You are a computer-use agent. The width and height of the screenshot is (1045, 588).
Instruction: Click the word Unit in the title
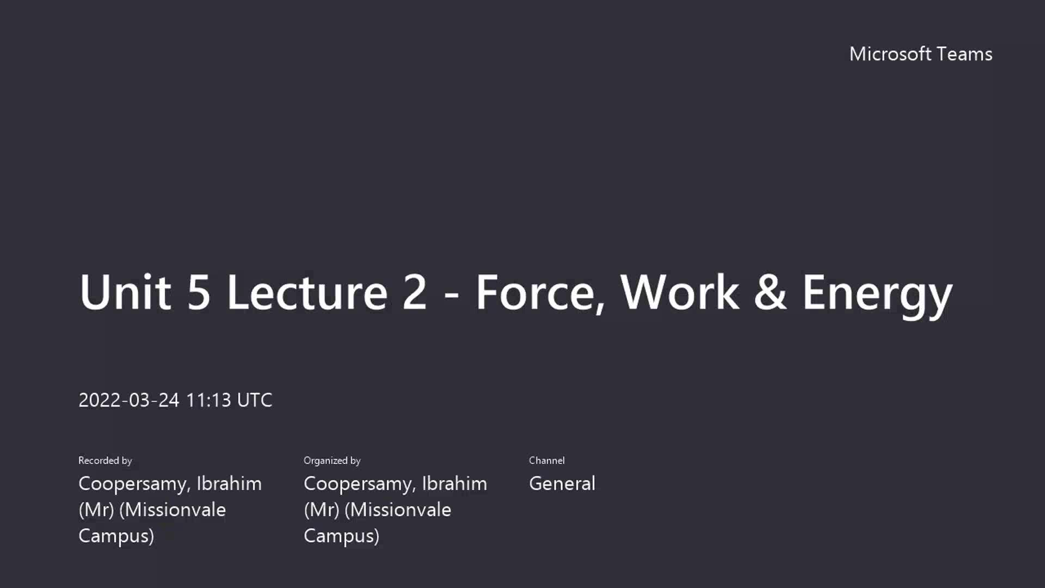(125, 292)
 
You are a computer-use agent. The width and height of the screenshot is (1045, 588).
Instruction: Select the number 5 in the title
(199, 293)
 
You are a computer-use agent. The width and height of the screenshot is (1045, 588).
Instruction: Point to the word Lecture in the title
(308, 292)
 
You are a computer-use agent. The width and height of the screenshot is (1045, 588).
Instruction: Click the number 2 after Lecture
(415, 292)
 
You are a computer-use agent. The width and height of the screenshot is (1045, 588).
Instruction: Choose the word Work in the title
(680, 292)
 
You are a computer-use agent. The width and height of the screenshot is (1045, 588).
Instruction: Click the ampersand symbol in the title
(770, 292)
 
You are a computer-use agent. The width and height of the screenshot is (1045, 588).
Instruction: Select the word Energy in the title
(877, 297)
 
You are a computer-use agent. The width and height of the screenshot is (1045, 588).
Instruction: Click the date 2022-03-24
(129, 400)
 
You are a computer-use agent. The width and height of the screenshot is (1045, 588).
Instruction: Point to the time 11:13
(208, 400)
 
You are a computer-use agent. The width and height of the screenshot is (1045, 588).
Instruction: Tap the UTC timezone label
(255, 400)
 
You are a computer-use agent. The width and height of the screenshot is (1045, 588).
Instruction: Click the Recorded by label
(105, 461)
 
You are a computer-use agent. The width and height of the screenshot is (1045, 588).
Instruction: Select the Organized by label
(332, 461)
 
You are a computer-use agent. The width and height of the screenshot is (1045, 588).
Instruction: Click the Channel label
(546, 461)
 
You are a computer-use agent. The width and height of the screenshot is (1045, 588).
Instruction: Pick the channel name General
(562, 483)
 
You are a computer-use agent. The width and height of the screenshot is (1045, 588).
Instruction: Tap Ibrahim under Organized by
(454, 483)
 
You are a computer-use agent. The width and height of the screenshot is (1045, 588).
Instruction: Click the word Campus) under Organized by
(341, 536)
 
